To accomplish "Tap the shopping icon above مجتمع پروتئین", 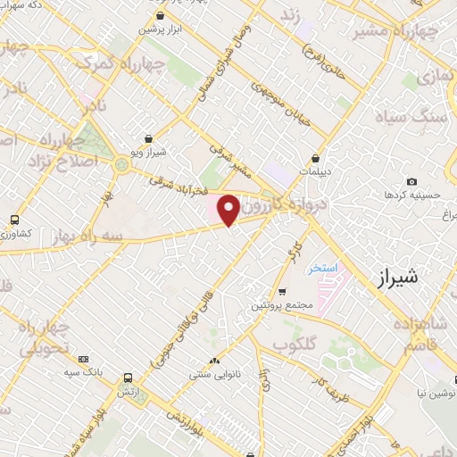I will tap(282, 292).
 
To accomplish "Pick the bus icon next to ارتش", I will tap(129, 378).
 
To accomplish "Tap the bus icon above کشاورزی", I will tap(13, 220).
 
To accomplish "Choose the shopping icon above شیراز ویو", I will tap(161, 139).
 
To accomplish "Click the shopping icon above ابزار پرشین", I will tap(159, 16).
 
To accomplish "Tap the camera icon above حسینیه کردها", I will tap(411, 182).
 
